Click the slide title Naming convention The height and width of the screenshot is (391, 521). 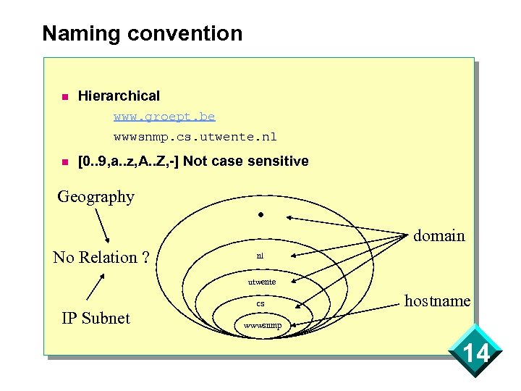pyautogui.click(x=142, y=33)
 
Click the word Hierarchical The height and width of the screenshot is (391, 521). pyautogui.click(x=119, y=96)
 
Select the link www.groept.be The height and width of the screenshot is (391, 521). pyautogui.click(x=164, y=116)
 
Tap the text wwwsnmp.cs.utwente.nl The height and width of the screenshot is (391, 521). pyautogui.click(x=195, y=136)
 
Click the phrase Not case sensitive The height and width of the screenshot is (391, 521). pyautogui.click(x=246, y=161)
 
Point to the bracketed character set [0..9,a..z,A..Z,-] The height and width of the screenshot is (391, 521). pyautogui.click(x=128, y=161)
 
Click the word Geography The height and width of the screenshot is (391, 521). pyautogui.click(x=96, y=196)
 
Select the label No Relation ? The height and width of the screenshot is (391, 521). pyautogui.click(x=101, y=257)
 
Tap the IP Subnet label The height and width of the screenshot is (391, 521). pyautogui.click(x=96, y=318)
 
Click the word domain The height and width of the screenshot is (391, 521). pyautogui.click(x=439, y=235)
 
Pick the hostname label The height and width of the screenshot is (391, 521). pyautogui.click(x=437, y=300)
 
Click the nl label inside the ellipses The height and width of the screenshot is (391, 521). pyautogui.click(x=260, y=256)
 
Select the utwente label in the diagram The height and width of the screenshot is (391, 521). pyautogui.click(x=261, y=281)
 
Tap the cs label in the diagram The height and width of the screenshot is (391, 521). pyautogui.click(x=260, y=303)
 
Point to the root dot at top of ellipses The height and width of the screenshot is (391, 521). pyautogui.click(x=260, y=215)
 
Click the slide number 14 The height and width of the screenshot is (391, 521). pyautogui.click(x=475, y=354)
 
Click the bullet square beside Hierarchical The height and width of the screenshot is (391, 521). pyautogui.click(x=64, y=96)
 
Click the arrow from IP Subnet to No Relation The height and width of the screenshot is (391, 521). pyautogui.click(x=96, y=287)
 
